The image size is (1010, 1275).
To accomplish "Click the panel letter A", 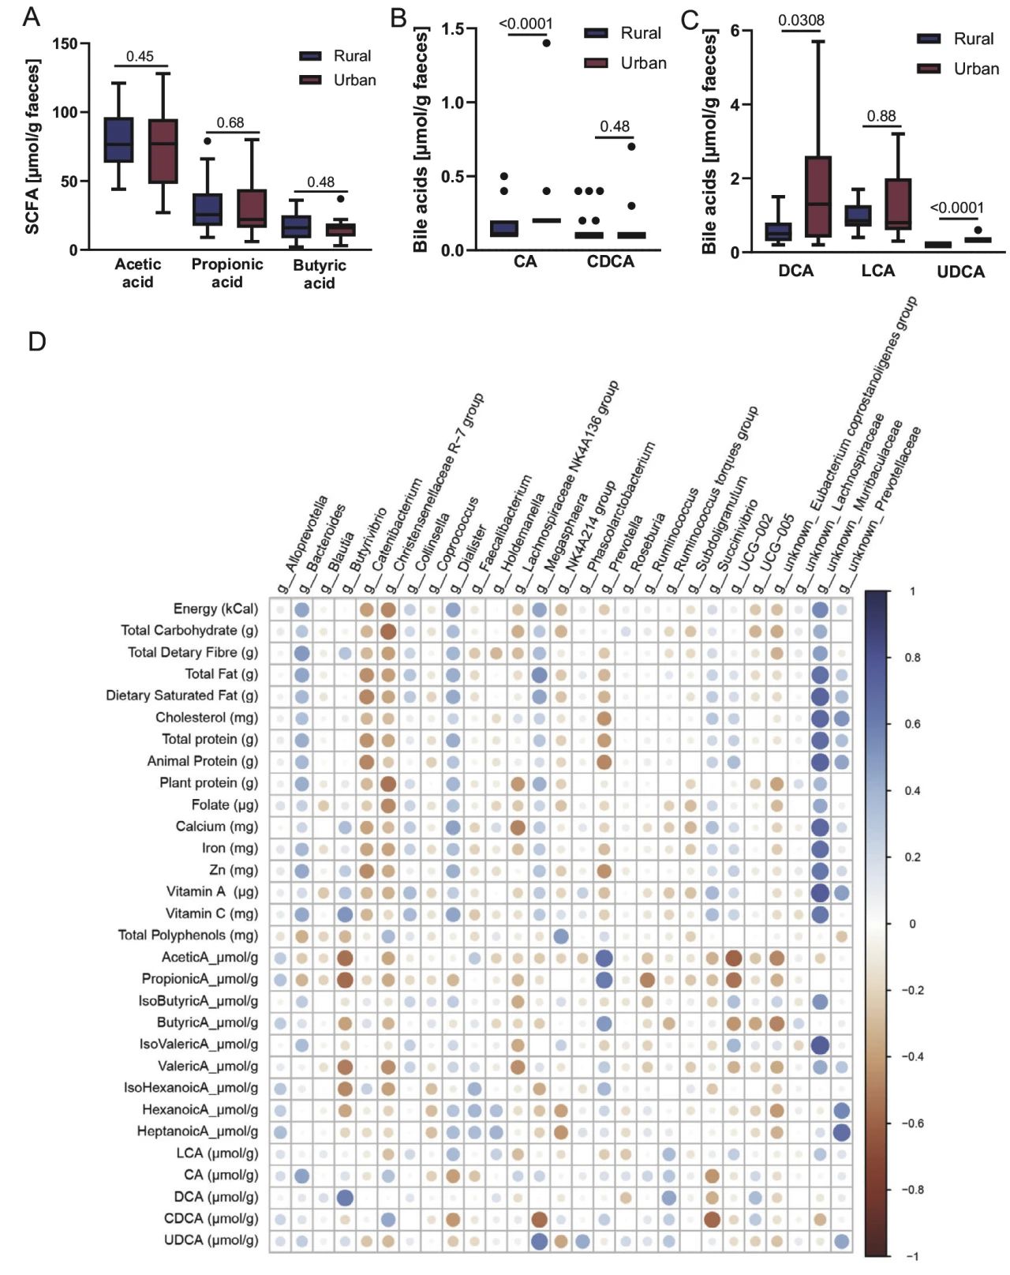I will pyautogui.click(x=31, y=17).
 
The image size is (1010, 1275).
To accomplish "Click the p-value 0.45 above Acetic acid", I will pyautogui.click(x=140, y=56).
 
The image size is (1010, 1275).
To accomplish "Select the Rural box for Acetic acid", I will pyautogui.click(x=118, y=140).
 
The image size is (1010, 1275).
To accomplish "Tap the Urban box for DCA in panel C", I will pyautogui.click(x=818, y=196).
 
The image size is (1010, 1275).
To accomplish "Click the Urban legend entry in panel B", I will pyautogui.click(x=643, y=63).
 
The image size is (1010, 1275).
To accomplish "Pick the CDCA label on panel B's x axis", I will pyautogui.click(x=610, y=261).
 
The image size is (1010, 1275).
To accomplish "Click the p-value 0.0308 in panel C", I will pyautogui.click(x=801, y=21).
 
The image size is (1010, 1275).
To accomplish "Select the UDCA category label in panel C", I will pyautogui.click(x=960, y=272).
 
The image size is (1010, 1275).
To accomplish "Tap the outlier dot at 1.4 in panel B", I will pyautogui.click(x=546, y=43).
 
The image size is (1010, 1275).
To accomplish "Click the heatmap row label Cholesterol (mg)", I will pyautogui.click(x=206, y=718).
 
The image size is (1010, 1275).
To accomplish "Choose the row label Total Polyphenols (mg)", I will pyautogui.click(x=188, y=935).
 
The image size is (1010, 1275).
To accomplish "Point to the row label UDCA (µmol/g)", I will pyautogui.click(x=211, y=1240).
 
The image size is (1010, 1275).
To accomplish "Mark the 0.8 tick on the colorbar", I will pyautogui.click(x=912, y=658).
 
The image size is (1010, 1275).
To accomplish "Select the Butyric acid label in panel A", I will pyautogui.click(x=320, y=274).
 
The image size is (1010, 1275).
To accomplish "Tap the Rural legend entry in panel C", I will pyautogui.click(x=973, y=39).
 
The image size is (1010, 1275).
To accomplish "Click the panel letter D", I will pyautogui.click(x=36, y=342).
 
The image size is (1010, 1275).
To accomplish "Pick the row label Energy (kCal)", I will pyautogui.click(x=215, y=609).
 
